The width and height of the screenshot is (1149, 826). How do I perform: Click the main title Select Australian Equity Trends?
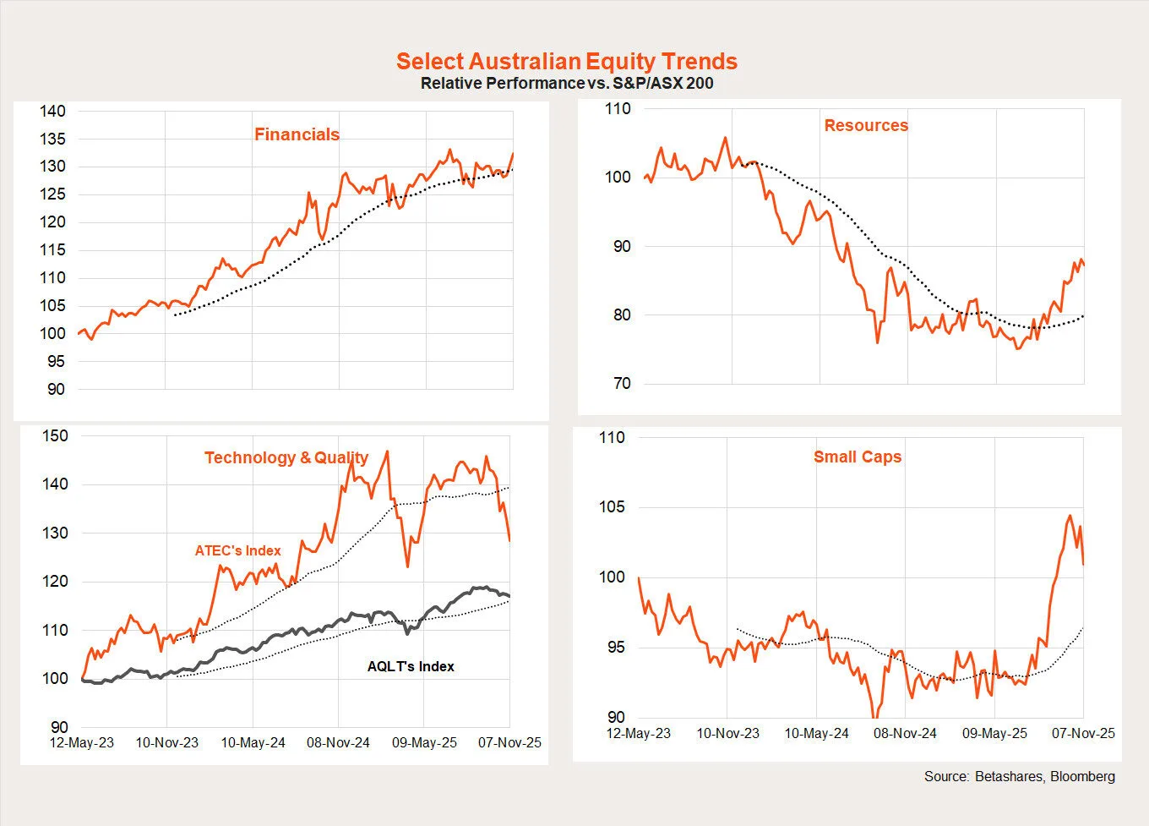coord(567,61)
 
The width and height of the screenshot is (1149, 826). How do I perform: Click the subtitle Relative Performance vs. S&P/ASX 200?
coord(567,83)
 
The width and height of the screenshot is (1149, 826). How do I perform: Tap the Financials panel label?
coord(297,134)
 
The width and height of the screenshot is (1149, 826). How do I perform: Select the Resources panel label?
coord(866,125)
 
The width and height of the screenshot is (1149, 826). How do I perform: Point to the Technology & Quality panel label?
coord(286,457)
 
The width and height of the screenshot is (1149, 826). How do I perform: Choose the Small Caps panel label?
coord(858,457)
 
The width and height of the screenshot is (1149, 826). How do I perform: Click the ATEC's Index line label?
coord(237,550)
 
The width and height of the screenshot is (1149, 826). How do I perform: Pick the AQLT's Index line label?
coord(411,666)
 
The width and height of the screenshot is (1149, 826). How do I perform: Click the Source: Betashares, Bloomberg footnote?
coord(1019,776)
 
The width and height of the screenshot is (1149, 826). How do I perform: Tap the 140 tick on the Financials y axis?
coord(52,111)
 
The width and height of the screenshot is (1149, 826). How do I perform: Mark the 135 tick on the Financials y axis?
coord(52,139)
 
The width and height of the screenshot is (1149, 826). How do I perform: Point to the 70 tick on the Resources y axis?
coord(622,384)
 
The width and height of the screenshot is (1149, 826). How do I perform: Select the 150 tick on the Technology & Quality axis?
coord(55,436)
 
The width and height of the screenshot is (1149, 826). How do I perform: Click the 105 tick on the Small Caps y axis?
coord(612,507)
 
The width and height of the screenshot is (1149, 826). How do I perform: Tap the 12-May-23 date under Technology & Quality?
coord(82,742)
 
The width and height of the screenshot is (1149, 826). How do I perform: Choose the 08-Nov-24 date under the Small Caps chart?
coord(905,733)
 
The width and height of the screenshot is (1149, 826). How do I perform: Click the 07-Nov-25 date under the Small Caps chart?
coord(1083,733)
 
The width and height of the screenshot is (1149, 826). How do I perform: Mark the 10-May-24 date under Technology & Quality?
coord(253,742)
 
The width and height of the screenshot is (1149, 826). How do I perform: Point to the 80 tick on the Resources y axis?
coord(622,315)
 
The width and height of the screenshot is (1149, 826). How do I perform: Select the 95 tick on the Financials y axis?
coord(56,362)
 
